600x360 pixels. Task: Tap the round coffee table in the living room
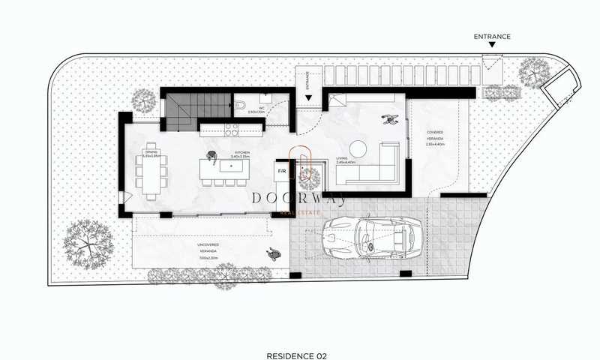click(357, 147)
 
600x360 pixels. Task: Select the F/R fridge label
click(282, 171)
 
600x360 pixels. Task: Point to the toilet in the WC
click(238, 105)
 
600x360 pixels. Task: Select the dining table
click(152, 170)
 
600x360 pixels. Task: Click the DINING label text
click(151, 154)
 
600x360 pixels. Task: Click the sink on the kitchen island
click(231, 165)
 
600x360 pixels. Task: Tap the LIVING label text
click(343, 158)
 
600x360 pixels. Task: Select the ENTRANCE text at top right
click(492, 36)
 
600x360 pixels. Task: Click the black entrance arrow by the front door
click(308, 97)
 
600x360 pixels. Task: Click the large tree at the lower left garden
click(88, 241)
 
